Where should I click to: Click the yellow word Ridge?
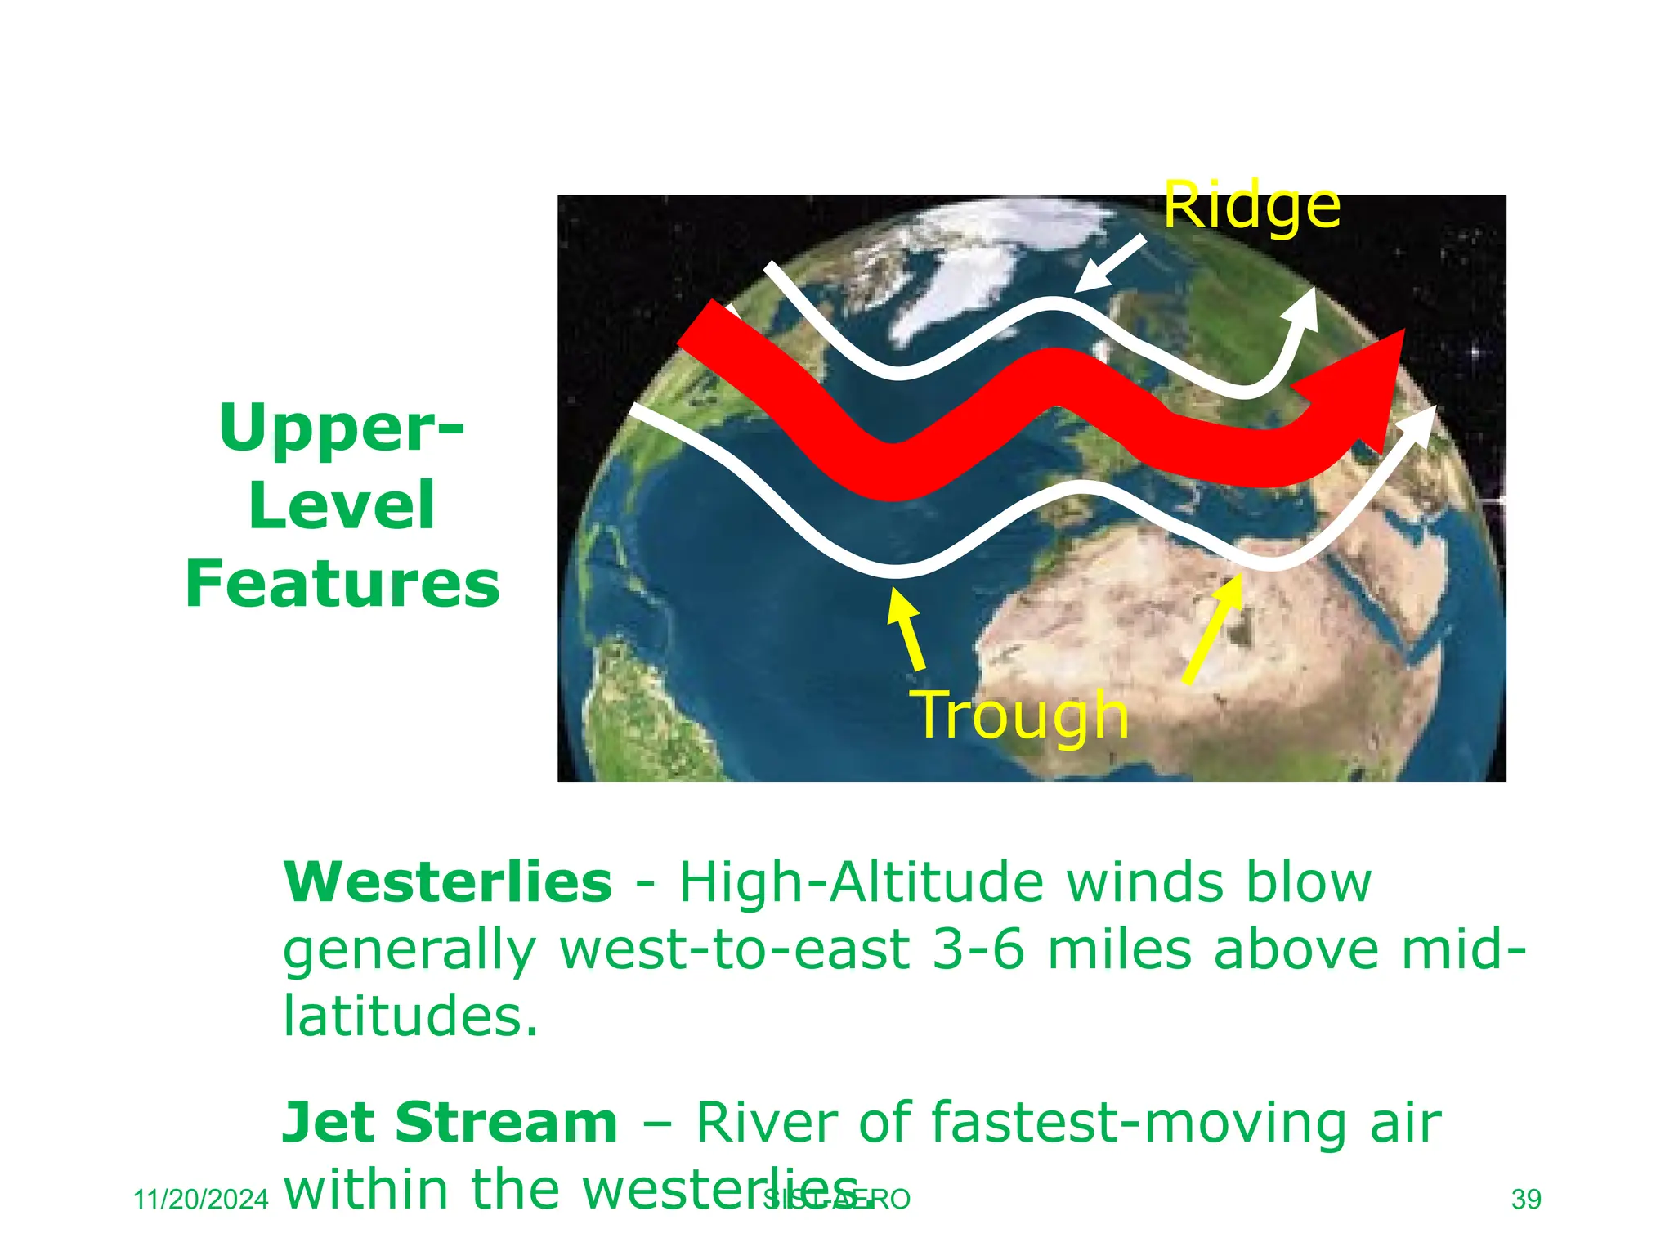[1251, 206]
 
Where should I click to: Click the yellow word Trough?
[1022, 715]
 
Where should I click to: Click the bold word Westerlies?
[447, 882]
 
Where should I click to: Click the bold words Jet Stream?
[450, 1123]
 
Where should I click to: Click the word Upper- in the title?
[342, 428]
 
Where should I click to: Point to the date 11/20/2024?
[200, 1200]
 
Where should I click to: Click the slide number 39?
[1526, 1200]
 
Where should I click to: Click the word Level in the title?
[342, 505]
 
